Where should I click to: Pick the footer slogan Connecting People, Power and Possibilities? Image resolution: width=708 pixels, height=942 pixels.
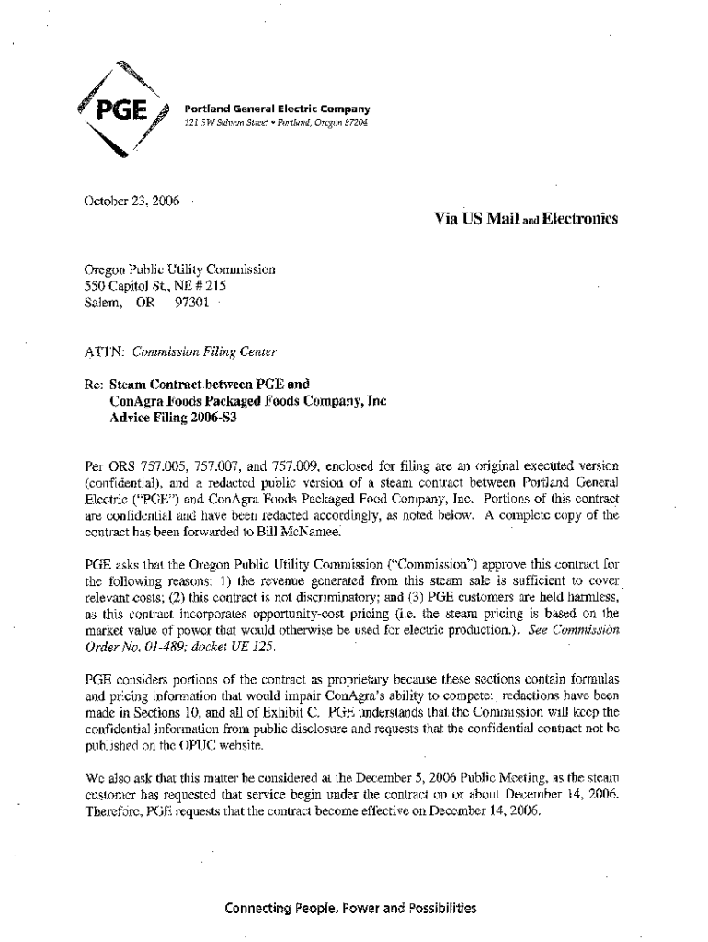[351, 908]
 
